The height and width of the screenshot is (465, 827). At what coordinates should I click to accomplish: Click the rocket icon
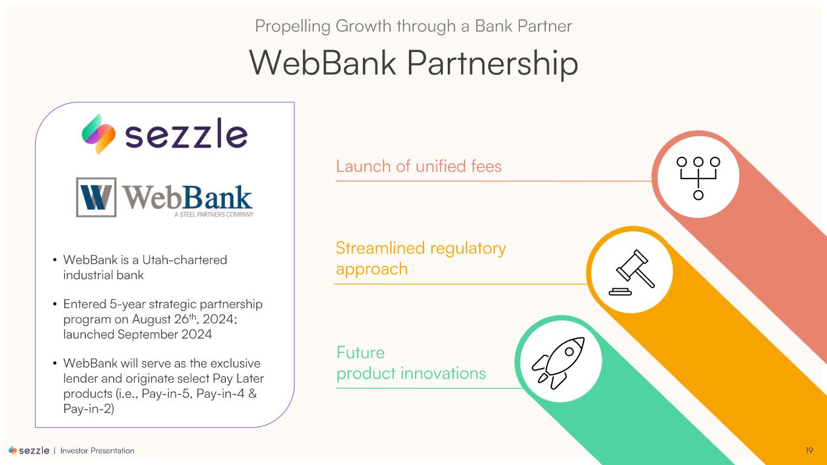[558, 363]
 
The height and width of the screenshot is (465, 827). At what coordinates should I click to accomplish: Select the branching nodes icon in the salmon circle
[698, 178]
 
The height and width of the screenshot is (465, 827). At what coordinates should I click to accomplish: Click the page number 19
[809, 450]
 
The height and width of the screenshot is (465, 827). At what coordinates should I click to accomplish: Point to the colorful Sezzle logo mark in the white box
[98, 134]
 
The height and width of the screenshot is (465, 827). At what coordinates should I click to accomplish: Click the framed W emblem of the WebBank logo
[96, 197]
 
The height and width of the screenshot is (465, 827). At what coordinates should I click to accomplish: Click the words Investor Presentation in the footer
[97, 450]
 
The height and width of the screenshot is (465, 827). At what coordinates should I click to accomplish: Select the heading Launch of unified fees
[419, 167]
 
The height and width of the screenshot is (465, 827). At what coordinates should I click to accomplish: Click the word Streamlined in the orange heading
[380, 248]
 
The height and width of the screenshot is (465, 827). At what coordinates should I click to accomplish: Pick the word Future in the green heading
[360, 352]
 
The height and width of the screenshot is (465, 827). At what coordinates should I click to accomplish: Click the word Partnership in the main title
[492, 63]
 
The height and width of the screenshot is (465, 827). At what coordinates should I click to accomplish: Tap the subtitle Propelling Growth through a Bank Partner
[413, 26]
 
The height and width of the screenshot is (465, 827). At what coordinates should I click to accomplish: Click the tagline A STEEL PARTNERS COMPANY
[214, 214]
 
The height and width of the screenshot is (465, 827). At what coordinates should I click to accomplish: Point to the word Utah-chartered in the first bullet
[185, 260]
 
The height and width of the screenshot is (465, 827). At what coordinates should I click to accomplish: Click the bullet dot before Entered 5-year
[55, 305]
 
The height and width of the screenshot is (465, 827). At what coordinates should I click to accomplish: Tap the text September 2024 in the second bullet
[164, 334]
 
